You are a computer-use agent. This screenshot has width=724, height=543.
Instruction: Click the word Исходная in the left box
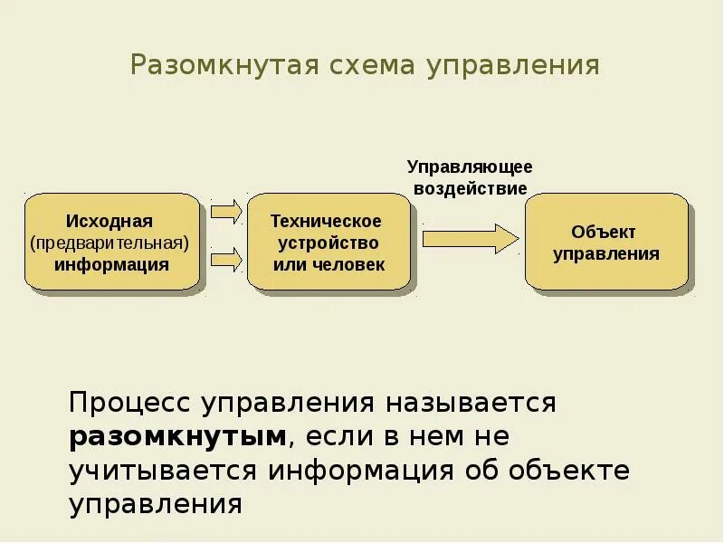pyautogui.click(x=110, y=221)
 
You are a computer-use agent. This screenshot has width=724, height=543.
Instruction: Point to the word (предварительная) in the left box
pyautogui.click(x=110, y=243)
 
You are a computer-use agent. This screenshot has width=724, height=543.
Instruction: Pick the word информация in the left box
pyautogui.click(x=110, y=264)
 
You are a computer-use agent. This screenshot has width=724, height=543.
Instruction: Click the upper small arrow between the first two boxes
pyautogui.click(x=226, y=213)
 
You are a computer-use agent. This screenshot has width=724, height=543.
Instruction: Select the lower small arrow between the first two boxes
pyautogui.click(x=226, y=262)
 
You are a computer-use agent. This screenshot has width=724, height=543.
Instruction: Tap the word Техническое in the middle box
pyautogui.click(x=327, y=221)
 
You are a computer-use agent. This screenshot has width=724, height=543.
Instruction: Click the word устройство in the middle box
pyautogui.click(x=328, y=243)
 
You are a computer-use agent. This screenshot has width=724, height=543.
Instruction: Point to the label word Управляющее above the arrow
pyautogui.click(x=469, y=167)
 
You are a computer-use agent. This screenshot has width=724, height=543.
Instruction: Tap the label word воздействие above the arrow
pyautogui.click(x=470, y=188)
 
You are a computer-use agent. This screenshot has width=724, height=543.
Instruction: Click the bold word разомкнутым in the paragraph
pyautogui.click(x=178, y=436)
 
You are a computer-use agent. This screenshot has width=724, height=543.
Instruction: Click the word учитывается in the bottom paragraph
pyautogui.click(x=163, y=471)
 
